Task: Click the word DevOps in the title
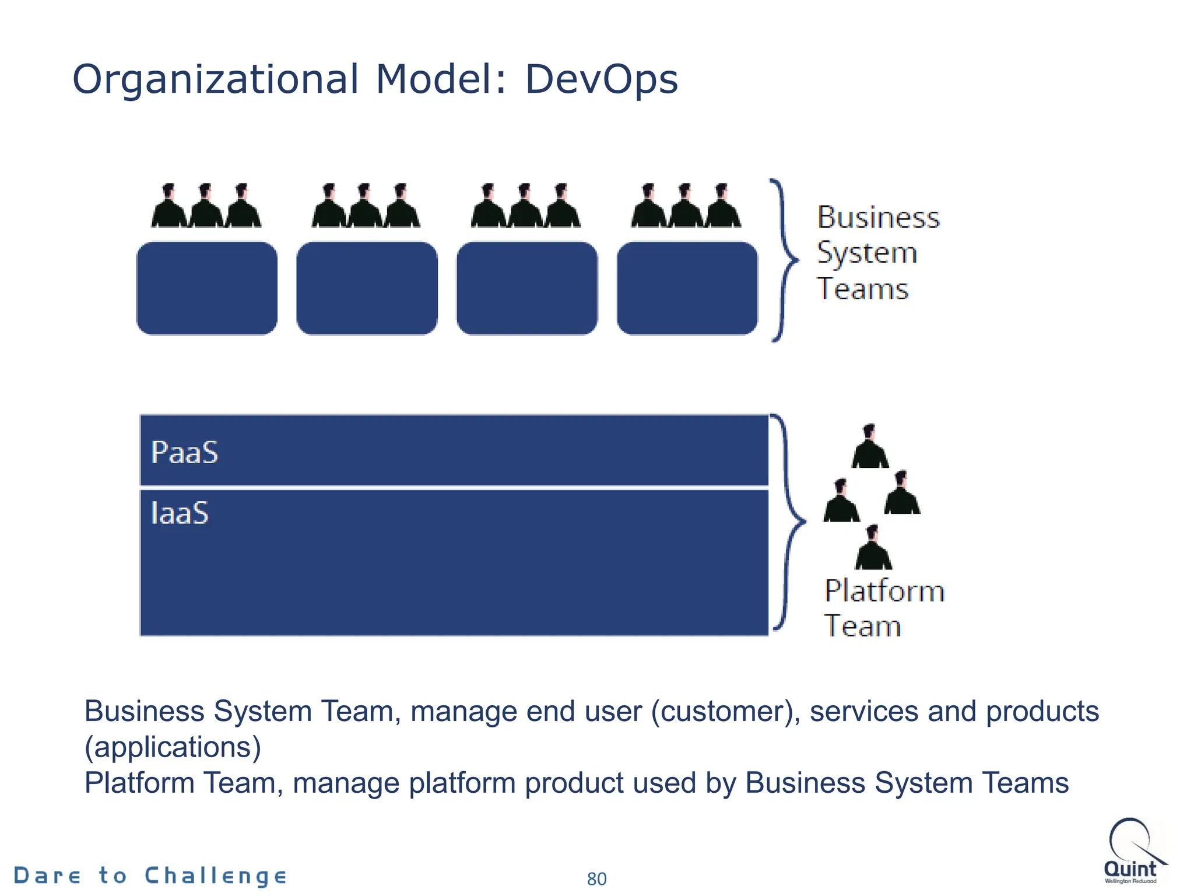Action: coord(602,80)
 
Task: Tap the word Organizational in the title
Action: coord(215,80)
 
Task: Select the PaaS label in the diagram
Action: coord(184,453)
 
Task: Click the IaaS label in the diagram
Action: coord(180,513)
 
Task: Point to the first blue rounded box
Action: coord(207,288)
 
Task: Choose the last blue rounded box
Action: coord(687,288)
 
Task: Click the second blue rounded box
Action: coord(367,288)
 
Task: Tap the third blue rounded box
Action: coord(527,288)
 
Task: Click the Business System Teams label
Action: coord(877,253)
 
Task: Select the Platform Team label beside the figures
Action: coord(883,608)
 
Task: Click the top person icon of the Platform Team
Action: coord(870,447)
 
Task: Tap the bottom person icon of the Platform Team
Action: coord(873,548)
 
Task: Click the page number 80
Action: coord(596,878)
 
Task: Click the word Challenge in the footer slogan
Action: coord(215,876)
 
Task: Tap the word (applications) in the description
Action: coord(173,747)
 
